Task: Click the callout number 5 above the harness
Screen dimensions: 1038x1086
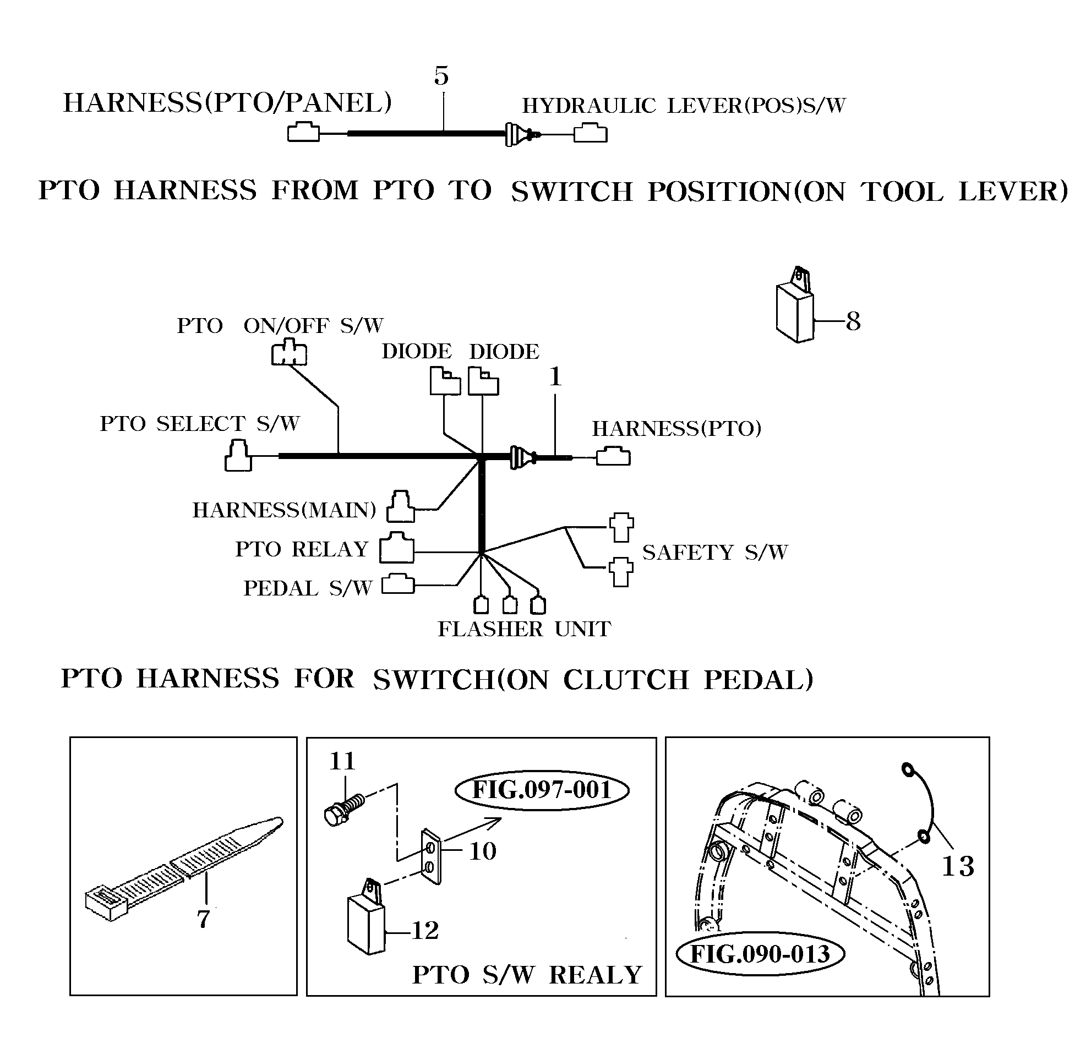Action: [441, 77]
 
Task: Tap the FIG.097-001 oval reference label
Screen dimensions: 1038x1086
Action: [541, 790]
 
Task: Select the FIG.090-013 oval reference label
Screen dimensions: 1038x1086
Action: [760, 954]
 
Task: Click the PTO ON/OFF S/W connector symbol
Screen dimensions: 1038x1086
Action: [289, 352]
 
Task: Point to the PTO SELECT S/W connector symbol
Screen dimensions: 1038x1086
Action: [238, 456]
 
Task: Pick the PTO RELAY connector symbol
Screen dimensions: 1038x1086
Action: [397, 548]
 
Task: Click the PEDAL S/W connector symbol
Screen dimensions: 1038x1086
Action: [398, 584]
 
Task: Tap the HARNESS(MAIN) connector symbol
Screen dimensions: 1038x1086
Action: [401, 506]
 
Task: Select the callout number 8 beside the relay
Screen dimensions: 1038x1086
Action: [853, 321]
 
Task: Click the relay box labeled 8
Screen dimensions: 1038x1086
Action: [795, 312]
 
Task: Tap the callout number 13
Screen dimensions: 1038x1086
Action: [958, 866]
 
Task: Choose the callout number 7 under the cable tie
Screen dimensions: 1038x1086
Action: [204, 919]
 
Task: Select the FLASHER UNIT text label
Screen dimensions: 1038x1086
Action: [524, 629]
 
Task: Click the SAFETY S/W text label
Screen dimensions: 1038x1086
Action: [715, 552]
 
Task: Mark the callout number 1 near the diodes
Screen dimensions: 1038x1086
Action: [555, 378]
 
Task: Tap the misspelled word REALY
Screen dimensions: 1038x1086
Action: [595, 975]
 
